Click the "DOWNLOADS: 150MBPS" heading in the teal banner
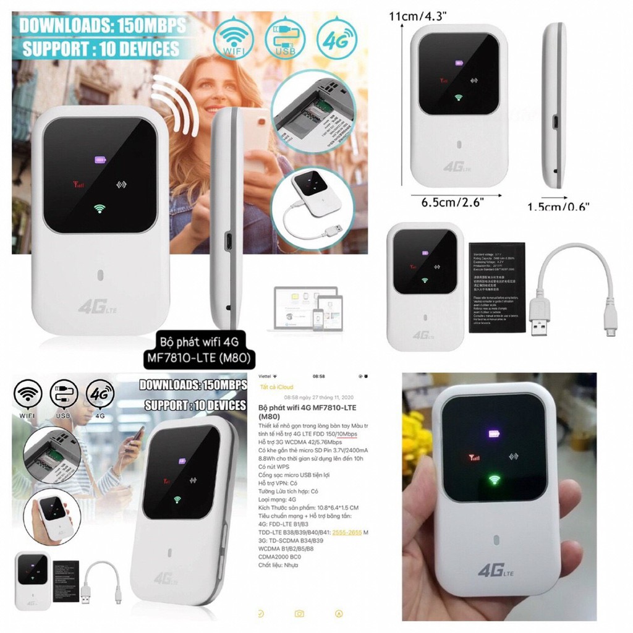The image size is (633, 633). pyautogui.click(x=101, y=27)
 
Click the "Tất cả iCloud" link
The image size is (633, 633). pyautogui.click(x=276, y=386)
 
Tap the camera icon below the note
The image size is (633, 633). pyautogui.click(x=300, y=613)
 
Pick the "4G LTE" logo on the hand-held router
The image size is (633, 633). pyautogui.click(x=495, y=570)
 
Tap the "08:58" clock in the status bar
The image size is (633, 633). pyautogui.click(x=318, y=376)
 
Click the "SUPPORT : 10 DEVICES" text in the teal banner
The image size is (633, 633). pyautogui.click(x=101, y=49)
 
